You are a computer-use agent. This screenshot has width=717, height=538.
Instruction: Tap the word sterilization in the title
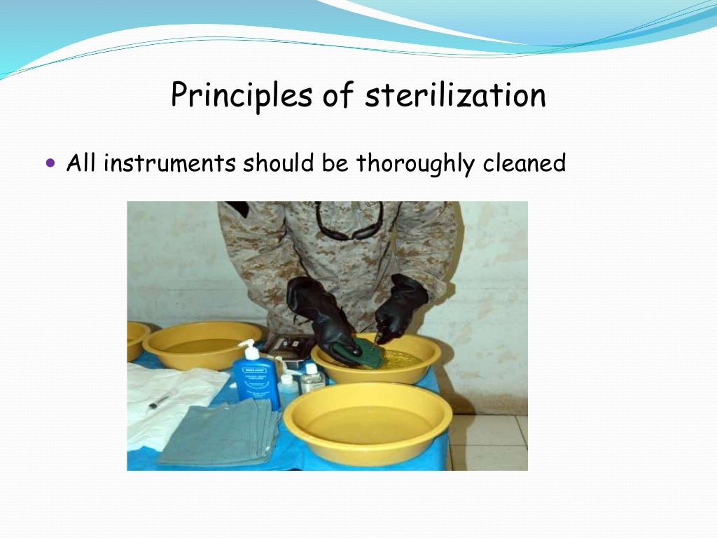[x=455, y=95]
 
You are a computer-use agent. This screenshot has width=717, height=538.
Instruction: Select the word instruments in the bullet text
[x=169, y=163]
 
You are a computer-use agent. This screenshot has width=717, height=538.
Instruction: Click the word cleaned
[x=524, y=163]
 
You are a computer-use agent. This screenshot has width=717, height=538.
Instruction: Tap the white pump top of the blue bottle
[x=246, y=347]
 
